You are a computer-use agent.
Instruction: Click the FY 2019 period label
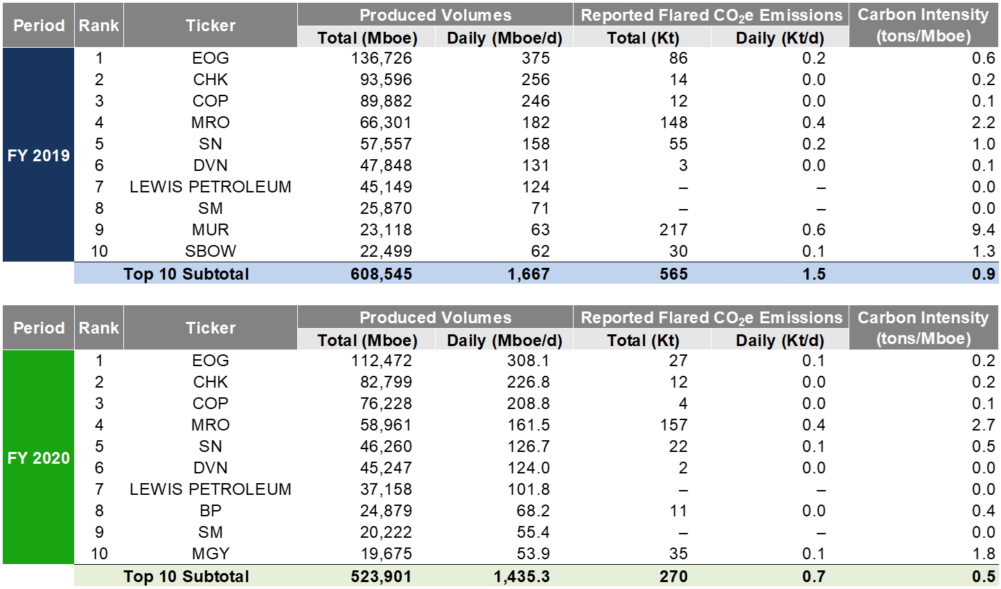38,156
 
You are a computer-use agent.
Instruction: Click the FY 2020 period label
38,457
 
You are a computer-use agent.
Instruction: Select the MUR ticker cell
210,230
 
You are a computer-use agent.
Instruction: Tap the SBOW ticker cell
210,251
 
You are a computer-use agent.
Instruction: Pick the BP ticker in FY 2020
210,510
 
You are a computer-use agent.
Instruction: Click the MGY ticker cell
210,553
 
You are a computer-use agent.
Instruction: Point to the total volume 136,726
381,58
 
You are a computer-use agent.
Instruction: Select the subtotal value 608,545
381,273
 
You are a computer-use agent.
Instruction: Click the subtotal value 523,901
381,576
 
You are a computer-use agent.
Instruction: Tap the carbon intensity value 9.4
983,230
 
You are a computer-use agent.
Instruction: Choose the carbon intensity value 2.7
983,425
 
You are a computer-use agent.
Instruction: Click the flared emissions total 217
673,230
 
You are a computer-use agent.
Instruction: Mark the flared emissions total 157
673,425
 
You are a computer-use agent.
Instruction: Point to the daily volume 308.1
528,361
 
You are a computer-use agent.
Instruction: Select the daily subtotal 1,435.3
522,576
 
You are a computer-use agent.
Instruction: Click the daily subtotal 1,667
528,273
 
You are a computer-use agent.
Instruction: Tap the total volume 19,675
386,553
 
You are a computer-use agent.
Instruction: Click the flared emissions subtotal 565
673,273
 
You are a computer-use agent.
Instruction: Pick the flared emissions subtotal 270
673,576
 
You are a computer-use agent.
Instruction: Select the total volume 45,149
386,187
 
